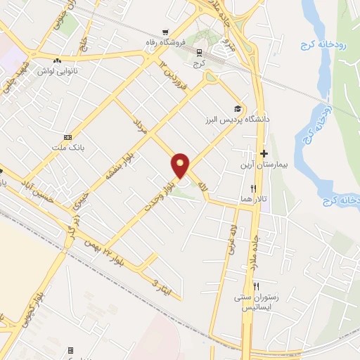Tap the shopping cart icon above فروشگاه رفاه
[165, 32]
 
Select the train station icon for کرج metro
[200, 52]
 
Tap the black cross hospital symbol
[264, 154]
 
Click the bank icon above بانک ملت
[67, 137]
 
